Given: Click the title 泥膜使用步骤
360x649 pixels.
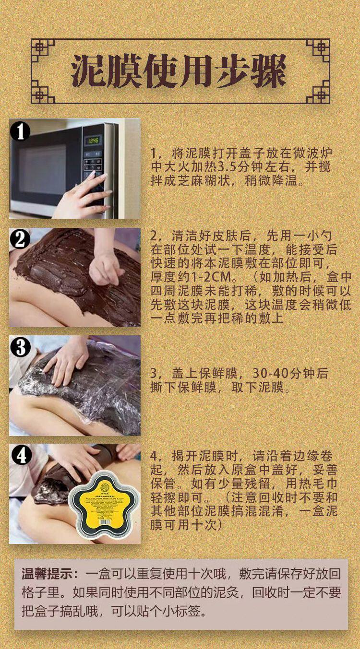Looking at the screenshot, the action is coord(179,71).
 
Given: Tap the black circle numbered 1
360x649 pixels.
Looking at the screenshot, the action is coord(20,131).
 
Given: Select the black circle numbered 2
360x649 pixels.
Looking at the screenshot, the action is coord(20,239).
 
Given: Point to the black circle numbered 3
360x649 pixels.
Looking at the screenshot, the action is coord(20,347).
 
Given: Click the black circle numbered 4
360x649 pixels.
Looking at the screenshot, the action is coord(20,456).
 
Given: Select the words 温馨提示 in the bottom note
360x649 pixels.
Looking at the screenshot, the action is coord(48,574).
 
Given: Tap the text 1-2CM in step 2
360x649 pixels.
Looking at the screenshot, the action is coord(211,277).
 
